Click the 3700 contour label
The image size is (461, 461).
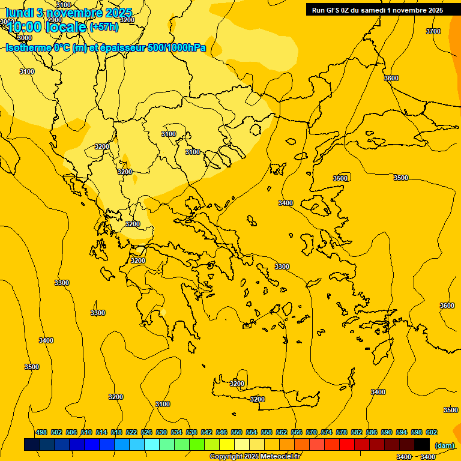tap(433, 31)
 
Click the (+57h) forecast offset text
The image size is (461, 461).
tap(103, 26)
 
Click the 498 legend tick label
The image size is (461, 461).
tap(41, 432)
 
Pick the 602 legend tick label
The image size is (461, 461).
tap(432, 432)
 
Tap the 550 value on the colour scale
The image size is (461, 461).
tap(237, 432)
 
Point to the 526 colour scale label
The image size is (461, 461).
tap(146, 432)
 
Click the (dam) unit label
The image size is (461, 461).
tap(444, 445)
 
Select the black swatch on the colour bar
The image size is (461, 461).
tap(422, 444)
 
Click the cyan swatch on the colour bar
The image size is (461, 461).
tap(152, 444)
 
